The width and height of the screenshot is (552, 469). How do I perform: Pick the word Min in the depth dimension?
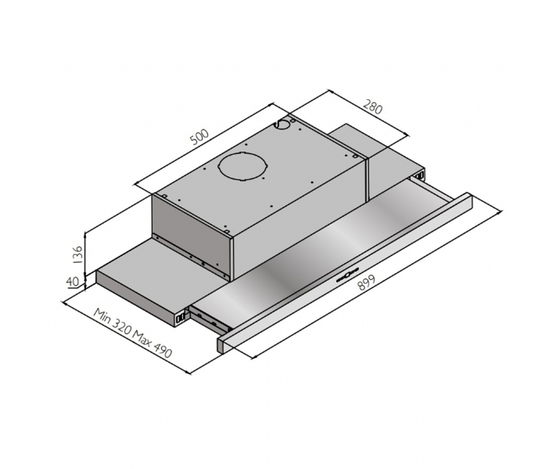(102, 316)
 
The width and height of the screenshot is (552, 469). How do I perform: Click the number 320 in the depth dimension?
(121, 327)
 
